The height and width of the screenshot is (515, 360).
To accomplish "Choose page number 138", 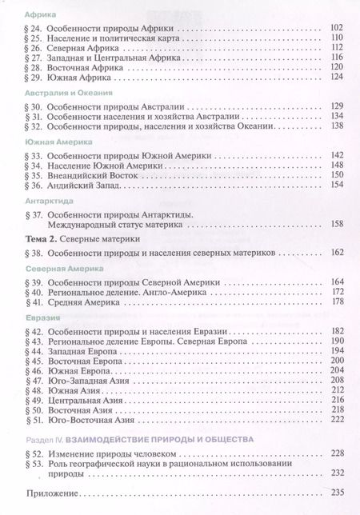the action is pos(335,126).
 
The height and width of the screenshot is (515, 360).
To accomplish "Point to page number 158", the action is pos(335,225).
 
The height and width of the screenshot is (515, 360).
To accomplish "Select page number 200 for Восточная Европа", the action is pos(335,362).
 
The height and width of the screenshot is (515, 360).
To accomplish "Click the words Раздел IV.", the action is pos(35,439).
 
